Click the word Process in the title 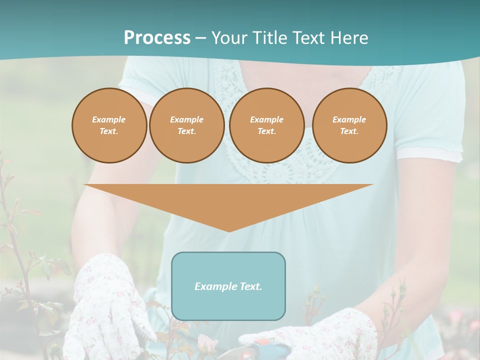157,38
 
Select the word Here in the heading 348,38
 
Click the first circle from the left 109,125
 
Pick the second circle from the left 186,125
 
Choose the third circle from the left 266,125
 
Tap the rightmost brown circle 349,125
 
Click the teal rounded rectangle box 228,305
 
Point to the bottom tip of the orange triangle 229,231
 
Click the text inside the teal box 228,286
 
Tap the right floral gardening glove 320,335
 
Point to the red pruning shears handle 260,343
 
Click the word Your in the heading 228,38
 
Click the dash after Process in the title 200,38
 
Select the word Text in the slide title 307,38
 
